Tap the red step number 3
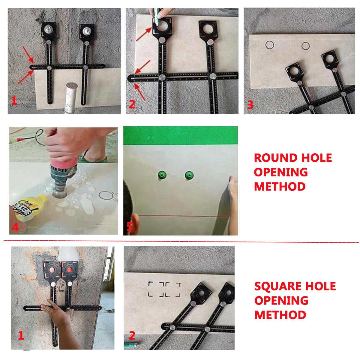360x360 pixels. pos(250,105)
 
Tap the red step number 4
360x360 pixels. pos(15,227)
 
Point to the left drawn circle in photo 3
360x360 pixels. pos(270,45)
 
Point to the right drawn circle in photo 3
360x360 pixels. pos(305,46)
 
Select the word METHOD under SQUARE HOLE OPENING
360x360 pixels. pos(280,315)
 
